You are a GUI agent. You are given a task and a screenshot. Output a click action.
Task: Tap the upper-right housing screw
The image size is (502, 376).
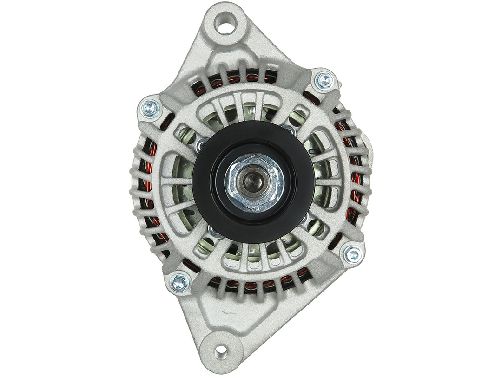coord(324,81)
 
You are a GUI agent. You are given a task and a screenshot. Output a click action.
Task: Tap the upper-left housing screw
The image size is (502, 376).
coord(150,109)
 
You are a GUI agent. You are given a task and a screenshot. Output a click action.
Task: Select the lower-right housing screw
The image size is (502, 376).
coord(352,254)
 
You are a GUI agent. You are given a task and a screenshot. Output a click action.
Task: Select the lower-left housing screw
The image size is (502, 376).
coord(179,283)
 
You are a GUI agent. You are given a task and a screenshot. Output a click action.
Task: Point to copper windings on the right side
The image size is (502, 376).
coord(355,176)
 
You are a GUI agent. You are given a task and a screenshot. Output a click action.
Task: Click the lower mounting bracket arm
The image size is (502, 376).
coord(218,316)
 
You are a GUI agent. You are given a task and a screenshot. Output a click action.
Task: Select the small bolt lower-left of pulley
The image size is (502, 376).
coord(215,231)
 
